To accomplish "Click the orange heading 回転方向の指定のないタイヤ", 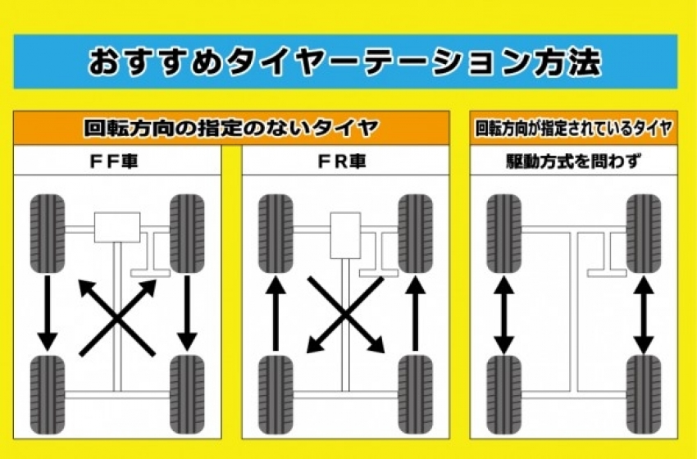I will coord(231,128).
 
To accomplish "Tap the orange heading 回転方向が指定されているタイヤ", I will coord(574,128).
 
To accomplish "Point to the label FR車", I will coord(345,161).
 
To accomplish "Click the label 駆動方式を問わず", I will coord(574,161).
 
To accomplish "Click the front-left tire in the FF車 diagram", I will coord(48,233).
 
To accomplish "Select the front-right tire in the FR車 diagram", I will coord(415,233).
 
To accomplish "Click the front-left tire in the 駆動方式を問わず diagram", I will coord(503,233).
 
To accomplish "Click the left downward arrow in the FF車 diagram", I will coord(48,312).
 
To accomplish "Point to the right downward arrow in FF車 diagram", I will coord(188,312).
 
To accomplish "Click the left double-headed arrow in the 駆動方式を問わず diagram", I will coord(503,314).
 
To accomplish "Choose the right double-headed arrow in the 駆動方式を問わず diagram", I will coord(644,314).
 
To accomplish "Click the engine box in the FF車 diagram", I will coord(117,227).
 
